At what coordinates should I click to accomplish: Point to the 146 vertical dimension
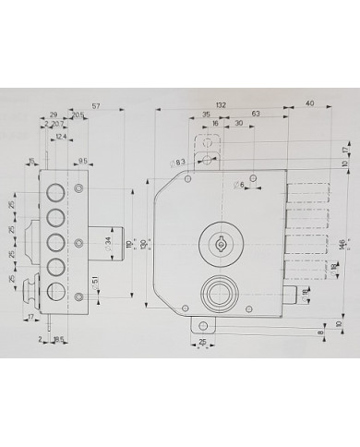pos(340,244)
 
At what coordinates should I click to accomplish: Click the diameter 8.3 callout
pos(180,163)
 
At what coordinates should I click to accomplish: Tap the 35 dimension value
pos(206,113)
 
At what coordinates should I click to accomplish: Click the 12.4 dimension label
pos(60,138)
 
